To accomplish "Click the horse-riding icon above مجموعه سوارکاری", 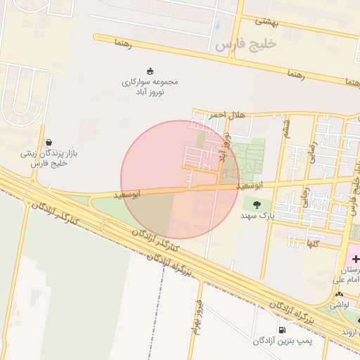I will [x=150, y=70].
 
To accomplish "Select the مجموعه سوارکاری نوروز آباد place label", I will [x=150, y=86].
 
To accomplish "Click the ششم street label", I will [x=286, y=127].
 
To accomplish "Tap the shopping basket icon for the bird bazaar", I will [x=48, y=141].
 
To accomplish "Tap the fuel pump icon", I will [x=282, y=329].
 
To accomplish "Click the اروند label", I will [x=350, y=331].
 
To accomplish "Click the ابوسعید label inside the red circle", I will [x=146, y=192].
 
